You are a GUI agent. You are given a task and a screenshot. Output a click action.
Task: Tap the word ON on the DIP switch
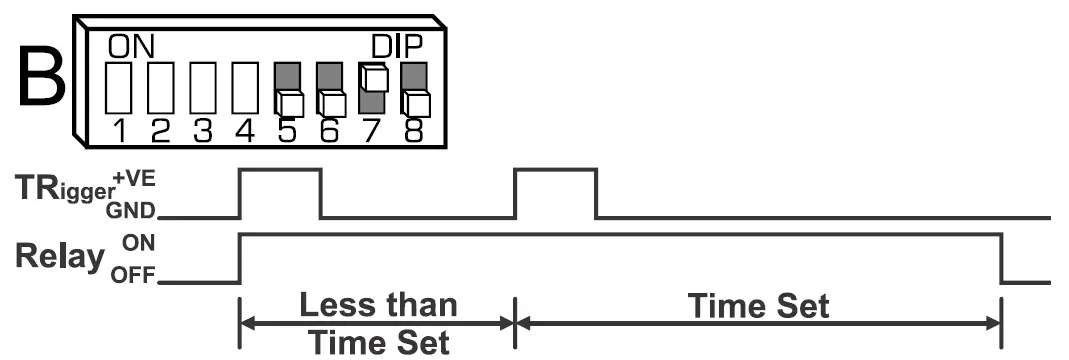(x=129, y=45)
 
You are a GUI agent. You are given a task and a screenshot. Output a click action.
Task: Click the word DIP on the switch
(x=397, y=45)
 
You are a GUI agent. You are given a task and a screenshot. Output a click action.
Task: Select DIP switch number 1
(x=119, y=89)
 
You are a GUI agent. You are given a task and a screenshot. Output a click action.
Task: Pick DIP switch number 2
(x=161, y=89)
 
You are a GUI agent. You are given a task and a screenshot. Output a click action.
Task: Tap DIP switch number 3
(x=203, y=89)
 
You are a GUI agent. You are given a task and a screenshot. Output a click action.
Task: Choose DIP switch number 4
(x=245, y=89)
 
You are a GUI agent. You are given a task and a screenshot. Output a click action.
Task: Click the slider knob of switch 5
(x=289, y=103)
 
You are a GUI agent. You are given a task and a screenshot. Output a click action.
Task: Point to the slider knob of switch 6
(x=331, y=103)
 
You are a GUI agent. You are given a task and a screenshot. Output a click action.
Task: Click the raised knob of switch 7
(x=373, y=78)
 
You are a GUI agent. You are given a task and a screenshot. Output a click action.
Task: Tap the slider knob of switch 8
(x=415, y=103)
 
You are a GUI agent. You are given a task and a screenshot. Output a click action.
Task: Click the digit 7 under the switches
(x=373, y=131)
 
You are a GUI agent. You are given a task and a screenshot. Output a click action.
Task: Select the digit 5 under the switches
(x=288, y=131)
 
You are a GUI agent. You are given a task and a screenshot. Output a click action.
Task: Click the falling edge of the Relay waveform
(x=1003, y=258)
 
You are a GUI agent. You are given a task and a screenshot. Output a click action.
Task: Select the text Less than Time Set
(x=377, y=323)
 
